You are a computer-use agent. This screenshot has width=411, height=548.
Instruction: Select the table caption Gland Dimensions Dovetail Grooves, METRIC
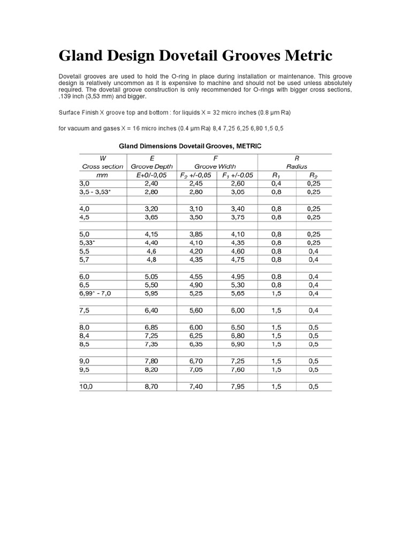click(189, 146)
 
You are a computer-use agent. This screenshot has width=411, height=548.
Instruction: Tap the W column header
click(103, 158)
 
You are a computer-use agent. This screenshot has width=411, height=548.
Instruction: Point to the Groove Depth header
click(152, 166)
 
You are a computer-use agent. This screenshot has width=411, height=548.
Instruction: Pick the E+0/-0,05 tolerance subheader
click(152, 175)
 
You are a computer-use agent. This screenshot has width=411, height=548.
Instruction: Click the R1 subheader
click(276, 175)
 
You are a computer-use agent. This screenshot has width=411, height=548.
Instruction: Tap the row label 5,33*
click(87, 242)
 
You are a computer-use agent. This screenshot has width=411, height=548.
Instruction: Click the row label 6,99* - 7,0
click(96, 293)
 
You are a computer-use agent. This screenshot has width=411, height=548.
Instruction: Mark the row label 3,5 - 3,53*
click(95, 192)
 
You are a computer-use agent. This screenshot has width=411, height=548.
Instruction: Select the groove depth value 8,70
click(152, 386)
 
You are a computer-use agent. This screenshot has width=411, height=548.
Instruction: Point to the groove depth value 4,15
click(152, 234)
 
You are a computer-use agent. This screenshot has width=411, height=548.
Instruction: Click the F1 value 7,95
click(237, 386)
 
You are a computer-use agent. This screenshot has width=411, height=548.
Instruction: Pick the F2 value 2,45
click(196, 183)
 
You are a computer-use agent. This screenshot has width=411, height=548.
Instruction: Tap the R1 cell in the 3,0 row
click(276, 183)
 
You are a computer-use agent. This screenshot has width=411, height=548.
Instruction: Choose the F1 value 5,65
click(237, 293)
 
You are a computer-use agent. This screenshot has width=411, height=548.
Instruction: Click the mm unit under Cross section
click(102, 175)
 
